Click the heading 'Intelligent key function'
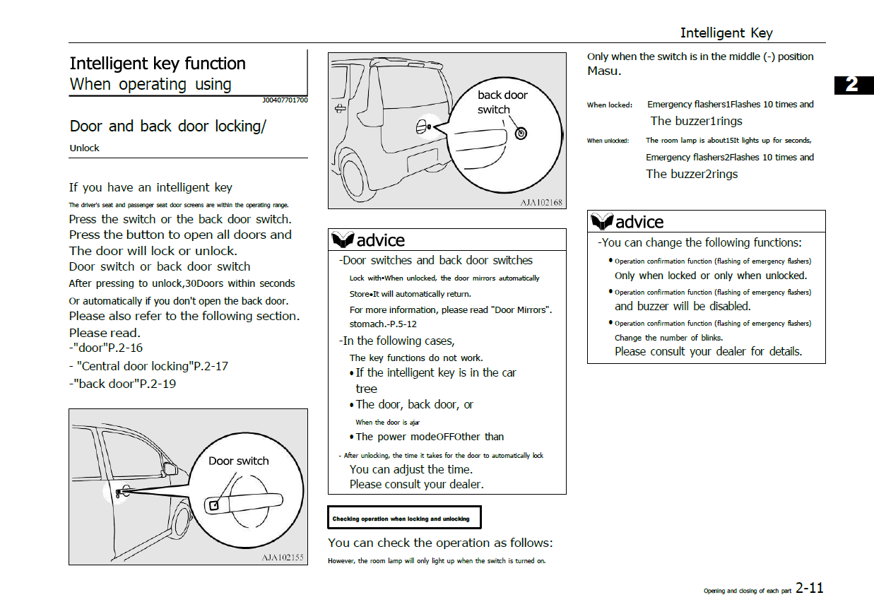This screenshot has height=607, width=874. pyautogui.click(x=158, y=64)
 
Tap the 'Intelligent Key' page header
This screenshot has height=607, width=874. pyautogui.click(x=726, y=33)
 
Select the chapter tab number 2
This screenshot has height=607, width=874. pyautogui.click(x=852, y=84)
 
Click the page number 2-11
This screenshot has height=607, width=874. pyautogui.click(x=809, y=588)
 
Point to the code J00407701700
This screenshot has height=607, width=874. pyautogui.click(x=285, y=100)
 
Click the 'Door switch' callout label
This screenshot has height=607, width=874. pyautogui.click(x=239, y=461)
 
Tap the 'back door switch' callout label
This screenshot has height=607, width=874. pyautogui.click(x=502, y=102)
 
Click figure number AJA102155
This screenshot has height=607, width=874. pyautogui.click(x=283, y=558)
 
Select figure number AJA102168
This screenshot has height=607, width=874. pyautogui.click(x=541, y=203)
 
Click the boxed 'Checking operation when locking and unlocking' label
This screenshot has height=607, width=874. pyautogui.click(x=401, y=519)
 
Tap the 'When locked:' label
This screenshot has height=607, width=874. pyautogui.click(x=609, y=105)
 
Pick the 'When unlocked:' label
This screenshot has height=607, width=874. pyautogui.click(x=608, y=141)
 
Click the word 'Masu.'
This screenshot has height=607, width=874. pyautogui.click(x=604, y=71)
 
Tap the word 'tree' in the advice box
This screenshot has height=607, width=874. pyautogui.click(x=366, y=389)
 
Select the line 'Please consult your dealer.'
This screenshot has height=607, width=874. pyautogui.click(x=416, y=485)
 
